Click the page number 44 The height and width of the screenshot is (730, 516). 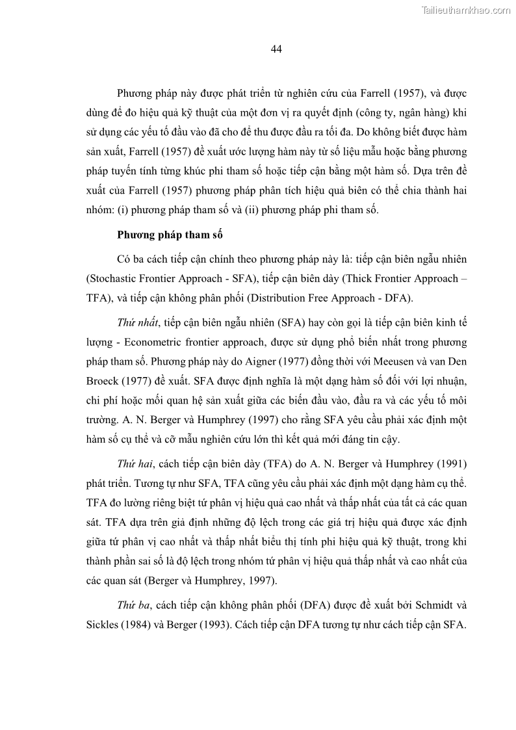(x=276, y=49)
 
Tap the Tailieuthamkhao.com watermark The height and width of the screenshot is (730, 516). (x=467, y=10)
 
